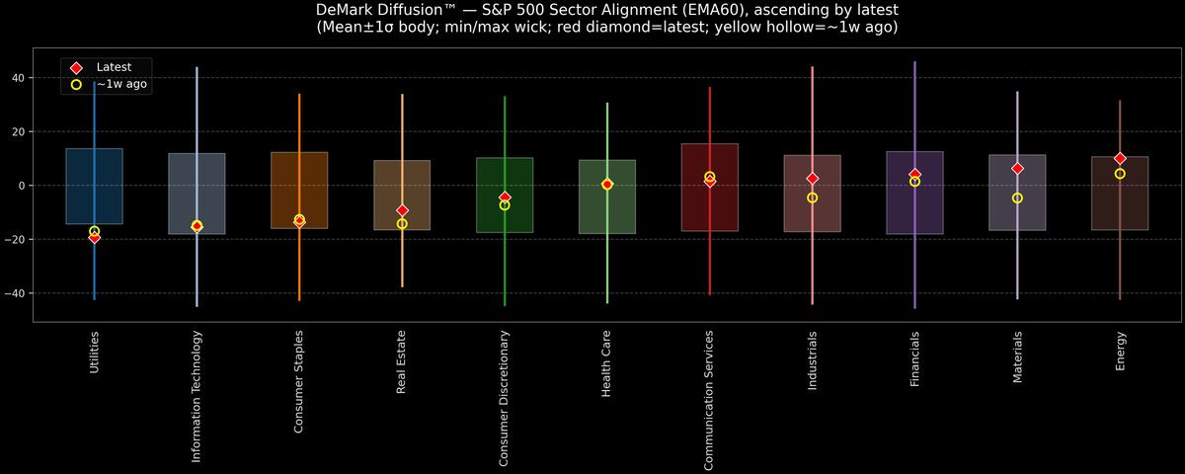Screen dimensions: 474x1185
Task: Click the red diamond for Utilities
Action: (x=94, y=237)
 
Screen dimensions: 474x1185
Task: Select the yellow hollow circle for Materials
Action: (x=1017, y=198)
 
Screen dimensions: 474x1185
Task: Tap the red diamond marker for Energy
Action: (x=1120, y=158)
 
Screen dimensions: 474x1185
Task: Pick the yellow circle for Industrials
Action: (x=813, y=198)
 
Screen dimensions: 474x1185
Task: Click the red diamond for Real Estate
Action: (x=402, y=210)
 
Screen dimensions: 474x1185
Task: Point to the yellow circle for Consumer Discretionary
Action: (x=505, y=205)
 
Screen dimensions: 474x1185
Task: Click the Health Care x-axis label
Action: (x=607, y=363)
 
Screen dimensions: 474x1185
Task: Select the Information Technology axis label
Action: (x=197, y=396)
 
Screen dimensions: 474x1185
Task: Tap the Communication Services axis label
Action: (x=710, y=400)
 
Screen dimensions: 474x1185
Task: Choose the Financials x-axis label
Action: (x=915, y=358)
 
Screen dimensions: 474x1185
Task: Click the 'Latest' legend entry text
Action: (x=114, y=66)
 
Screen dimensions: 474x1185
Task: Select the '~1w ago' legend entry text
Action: (x=121, y=85)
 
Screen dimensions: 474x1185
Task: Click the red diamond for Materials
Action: (x=1017, y=169)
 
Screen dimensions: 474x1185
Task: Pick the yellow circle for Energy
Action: (x=1120, y=174)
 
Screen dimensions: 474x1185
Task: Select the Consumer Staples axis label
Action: (x=299, y=382)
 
